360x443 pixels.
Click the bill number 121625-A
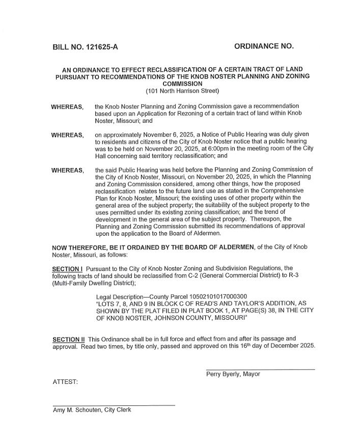pos(100,47)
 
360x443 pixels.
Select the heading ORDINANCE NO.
pos(264,46)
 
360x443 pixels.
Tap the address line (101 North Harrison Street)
pos(182,91)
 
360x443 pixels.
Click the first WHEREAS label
pos(68,107)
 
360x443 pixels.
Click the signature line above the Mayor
pos(260,369)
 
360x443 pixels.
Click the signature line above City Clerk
pos(114,405)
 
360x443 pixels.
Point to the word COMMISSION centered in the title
pos(182,84)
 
